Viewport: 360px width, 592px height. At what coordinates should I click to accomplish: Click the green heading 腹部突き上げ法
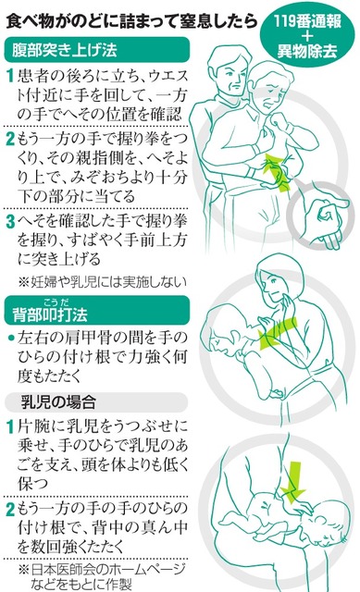[64, 50]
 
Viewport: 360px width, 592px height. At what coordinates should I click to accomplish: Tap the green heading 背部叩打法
[50, 314]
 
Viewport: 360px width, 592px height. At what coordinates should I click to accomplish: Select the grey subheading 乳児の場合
[57, 402]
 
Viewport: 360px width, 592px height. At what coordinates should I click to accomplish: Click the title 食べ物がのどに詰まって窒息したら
[131, 21]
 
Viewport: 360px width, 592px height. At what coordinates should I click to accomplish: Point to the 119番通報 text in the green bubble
[307, 21]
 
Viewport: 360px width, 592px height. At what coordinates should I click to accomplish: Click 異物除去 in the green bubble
[307, 51]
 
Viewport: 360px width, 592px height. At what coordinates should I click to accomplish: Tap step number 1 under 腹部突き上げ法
[10, 76]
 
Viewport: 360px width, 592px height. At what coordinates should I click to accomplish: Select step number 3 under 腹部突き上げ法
[10, 221]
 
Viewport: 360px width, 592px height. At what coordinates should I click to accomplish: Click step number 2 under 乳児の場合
[10, 509]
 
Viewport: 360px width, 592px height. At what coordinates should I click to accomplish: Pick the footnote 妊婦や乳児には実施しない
[102, 281]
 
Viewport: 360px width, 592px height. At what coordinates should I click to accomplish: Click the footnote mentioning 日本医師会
[102, 575]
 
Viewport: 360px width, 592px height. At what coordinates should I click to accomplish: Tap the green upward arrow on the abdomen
[278, 173]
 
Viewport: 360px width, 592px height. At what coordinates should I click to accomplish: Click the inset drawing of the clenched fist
[321, 216]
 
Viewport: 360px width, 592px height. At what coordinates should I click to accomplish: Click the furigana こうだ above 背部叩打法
[56, 302]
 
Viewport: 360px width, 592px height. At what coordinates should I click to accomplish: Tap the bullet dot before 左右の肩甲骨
[11, 337]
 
